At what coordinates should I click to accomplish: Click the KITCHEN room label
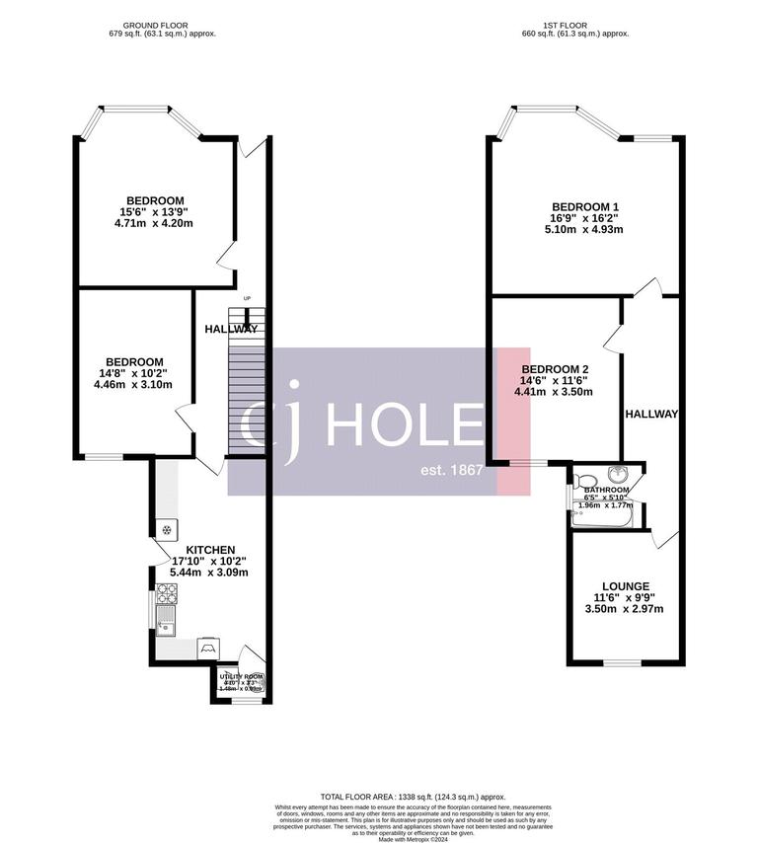(x=210, y=550)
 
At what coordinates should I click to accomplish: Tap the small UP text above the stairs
(x=248, y=298)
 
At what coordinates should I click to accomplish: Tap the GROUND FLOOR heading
(x=162, y=25)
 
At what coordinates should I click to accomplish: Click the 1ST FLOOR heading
(x=573, y=25)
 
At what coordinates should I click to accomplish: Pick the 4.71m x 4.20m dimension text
(x=154, y=224)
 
